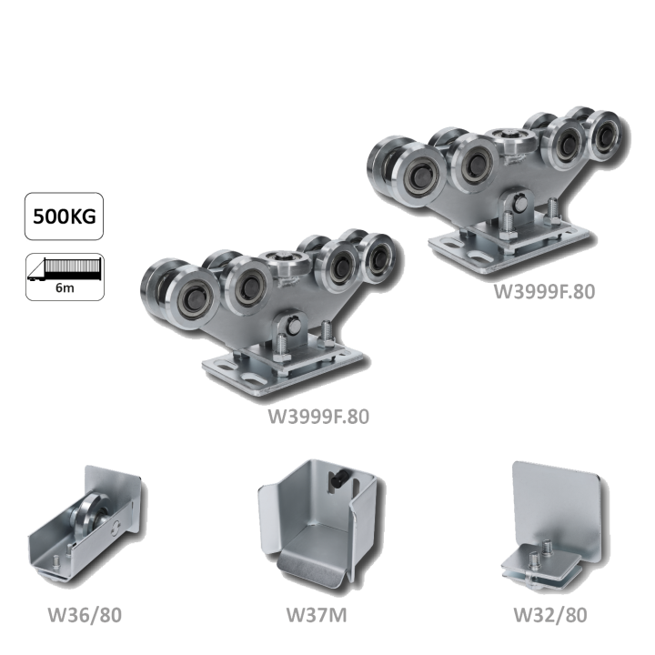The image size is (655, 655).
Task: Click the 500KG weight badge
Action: click(x=64, y=216)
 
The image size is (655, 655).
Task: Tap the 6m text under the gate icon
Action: click(x=65, y=287)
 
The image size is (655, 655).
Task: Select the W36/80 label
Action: click(x=85, y=614)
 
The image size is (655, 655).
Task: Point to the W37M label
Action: click(x=317, y=614)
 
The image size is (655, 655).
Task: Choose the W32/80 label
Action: click(x=550, y=614)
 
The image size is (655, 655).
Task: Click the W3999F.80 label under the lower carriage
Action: click(x=318, y=417)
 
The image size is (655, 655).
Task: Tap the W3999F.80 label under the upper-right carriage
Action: click(x=544, y=291)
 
